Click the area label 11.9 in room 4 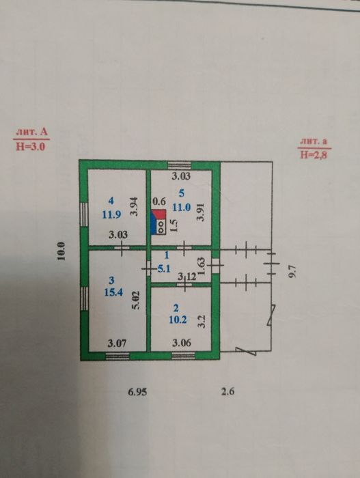point(111,214)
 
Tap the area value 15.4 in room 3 point(113,292)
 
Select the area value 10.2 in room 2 point(178,320)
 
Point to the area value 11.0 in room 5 point(182,208)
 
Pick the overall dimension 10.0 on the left point(61,251)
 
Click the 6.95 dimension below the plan point(137,391)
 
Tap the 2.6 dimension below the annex point(227,391)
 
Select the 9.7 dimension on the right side point(292,271)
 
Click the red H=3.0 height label point(31,147)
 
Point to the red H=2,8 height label point(314,155)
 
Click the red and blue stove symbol point(158,222)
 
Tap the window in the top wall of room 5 point(180,165)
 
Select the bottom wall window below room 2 point(183,356)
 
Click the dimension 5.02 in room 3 point(136,300)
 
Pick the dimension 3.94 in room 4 point(135,207)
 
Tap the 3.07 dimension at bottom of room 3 point(117,343)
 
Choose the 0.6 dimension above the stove point(159,201)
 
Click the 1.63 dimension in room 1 point(202,266)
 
